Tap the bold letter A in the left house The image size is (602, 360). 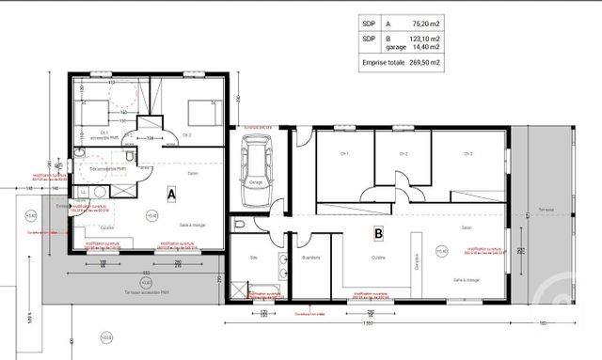(x=171, y=195)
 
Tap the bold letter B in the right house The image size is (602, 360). (x=378, y=232)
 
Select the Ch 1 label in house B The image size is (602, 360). (x=345, y=153)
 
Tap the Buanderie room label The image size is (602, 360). (x=311, y=258)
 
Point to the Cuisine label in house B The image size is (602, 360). (x=379, y=258)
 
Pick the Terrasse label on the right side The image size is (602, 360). (x=560, y=209)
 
